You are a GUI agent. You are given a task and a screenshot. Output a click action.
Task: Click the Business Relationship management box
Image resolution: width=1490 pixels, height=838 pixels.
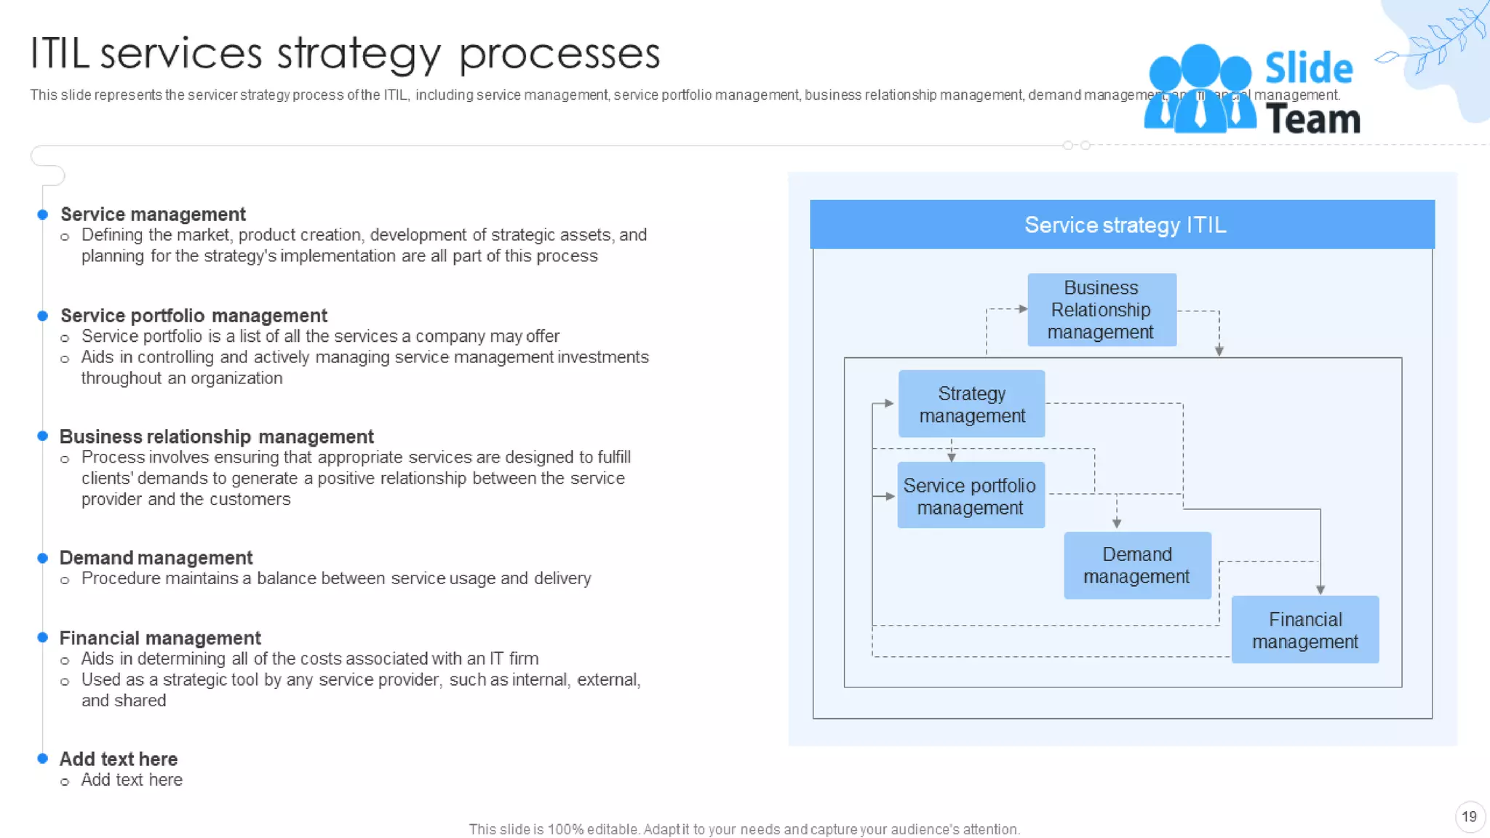coord(1101,310)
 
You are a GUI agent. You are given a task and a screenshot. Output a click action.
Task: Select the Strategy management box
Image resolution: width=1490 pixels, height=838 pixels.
coord(971,404)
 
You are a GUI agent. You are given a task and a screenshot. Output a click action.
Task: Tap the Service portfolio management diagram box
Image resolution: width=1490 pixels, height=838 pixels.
coord(971,496)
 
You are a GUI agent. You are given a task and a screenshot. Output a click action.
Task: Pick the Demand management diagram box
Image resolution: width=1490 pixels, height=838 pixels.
coord(1136,566)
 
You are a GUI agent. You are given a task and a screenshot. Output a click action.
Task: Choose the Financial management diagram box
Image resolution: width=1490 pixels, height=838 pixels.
coord(1304,630)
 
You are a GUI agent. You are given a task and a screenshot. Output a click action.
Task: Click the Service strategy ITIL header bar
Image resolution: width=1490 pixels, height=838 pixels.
coord(1122,225)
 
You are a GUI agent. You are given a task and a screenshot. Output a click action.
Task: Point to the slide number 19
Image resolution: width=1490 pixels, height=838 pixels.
coord(1469,817)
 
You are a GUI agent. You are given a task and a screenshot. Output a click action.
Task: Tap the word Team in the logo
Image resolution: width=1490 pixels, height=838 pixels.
coord(1312,119)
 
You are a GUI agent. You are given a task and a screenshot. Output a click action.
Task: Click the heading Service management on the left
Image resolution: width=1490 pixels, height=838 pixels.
coord(153,215)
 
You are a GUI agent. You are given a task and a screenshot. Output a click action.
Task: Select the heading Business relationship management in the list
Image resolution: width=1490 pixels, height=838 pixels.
coord(216,436)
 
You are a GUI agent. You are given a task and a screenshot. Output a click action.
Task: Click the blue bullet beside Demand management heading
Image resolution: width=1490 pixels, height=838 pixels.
coord(43,558)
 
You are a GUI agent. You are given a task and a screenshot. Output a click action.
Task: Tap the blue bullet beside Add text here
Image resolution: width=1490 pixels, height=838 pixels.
coord(43,759)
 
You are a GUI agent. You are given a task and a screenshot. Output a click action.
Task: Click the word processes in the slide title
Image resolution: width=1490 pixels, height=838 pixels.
coord(559,55)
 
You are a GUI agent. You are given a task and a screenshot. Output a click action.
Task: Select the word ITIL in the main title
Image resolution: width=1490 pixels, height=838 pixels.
coord(60,55)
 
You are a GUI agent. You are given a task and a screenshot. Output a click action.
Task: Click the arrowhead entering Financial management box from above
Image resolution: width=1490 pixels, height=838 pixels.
coord(1320,589)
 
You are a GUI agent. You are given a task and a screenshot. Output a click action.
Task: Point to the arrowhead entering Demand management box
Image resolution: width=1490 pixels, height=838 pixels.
coord(1117,524)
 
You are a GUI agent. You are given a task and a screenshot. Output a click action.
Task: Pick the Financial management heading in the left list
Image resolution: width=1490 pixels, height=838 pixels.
coord(159,638)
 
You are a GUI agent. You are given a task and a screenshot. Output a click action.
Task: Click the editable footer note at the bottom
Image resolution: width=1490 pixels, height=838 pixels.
coord(744,829)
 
